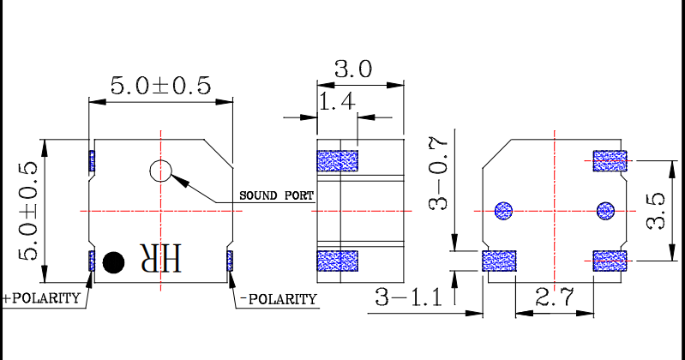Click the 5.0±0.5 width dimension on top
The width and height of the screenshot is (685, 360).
coord(160,86)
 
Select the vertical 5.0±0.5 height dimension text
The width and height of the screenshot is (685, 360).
coord(28,211)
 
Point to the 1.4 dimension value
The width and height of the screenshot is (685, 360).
coord(336,103)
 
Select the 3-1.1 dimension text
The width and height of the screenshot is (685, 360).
coord(408,297)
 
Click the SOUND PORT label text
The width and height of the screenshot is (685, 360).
coord(275,195)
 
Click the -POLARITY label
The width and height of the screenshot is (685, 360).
coord(278,299)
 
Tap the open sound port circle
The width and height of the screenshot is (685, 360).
coord(160,171)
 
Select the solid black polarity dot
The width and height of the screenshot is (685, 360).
coord(112,261)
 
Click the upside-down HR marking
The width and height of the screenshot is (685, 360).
coord(161,260)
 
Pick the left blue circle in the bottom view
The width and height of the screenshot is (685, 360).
coord(503,209)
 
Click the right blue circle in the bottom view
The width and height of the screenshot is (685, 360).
coord(605,209)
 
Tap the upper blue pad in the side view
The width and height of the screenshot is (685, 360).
coord(337,160)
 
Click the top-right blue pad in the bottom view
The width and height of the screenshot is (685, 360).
coord(610,160)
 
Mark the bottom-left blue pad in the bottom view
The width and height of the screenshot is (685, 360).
coord(499,261)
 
